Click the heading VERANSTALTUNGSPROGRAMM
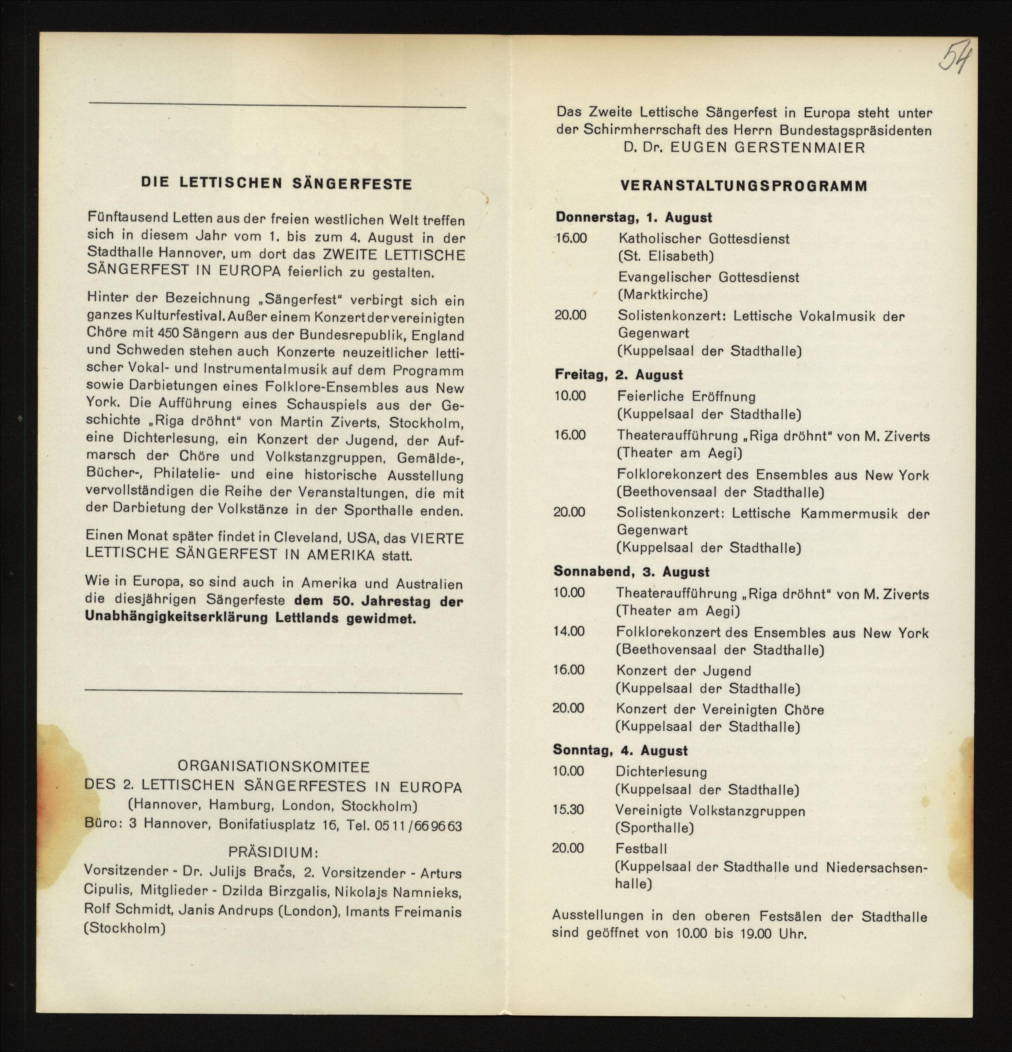[x=743, y=186]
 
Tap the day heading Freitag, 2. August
[x=619, y=375]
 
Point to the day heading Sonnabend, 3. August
[x=631, y=572]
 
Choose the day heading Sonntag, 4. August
[x=620, y=750]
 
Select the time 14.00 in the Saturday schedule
[x=569, y=631]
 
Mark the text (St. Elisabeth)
[x=666, y=256]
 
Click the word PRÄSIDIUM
[x=273, y=852]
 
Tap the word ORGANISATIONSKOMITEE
[x=273, y=767]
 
